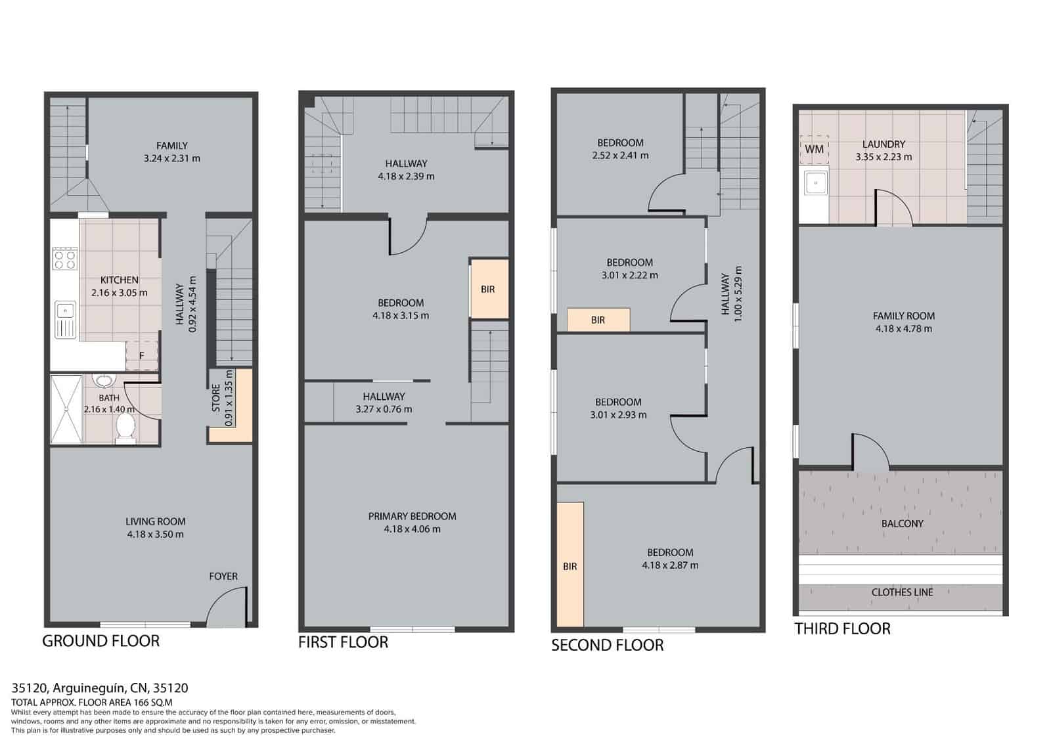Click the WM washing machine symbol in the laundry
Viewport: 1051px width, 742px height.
[x=814, y=150]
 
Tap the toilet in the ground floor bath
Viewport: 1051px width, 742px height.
[x=125, y=427]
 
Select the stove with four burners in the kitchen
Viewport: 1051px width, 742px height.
[x=65, y=259]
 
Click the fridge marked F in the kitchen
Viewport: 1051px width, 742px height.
[x=142, y=356]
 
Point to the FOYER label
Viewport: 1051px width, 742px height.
[x=223, y=576]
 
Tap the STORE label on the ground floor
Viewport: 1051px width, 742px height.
[x=216, y=398]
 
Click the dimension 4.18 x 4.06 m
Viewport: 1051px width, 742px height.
[x=412, y=529]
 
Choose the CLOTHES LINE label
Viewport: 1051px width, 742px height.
[x=903, y=592]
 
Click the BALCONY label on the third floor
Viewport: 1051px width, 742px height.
[x=903, y=523]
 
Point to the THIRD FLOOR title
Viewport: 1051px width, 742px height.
[x=842, y=628]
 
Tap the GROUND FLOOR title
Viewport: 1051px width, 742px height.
[x=101, y=641]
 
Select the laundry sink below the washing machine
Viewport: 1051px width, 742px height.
[x=815, y=183]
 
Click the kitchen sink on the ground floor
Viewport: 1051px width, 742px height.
[x=65, y=319]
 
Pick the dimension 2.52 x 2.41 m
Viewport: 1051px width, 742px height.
[x=620, y=155]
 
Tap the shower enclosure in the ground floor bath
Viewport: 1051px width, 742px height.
[x=66, y=409]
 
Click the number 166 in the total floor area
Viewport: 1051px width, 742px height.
[x=141, y=702]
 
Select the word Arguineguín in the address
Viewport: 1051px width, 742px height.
[x=89, y=688]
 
